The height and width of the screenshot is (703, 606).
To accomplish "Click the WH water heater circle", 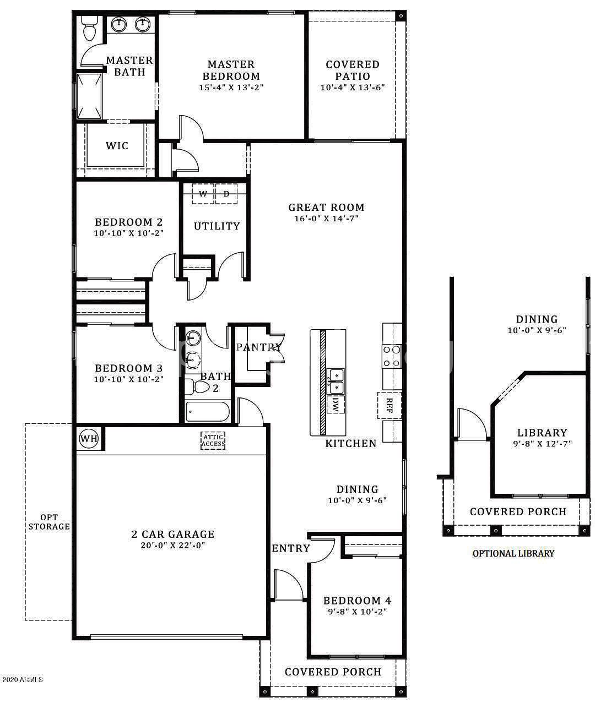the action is coord(89,438).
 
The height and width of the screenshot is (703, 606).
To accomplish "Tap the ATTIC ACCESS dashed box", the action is coord(213,440).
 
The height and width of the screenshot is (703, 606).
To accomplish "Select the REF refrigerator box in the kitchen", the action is coord(389,405).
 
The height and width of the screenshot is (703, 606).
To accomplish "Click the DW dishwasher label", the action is coord(336,404).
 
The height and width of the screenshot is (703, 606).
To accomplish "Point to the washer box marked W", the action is coord(203,194).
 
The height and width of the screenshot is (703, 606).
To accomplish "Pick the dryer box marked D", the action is coord(226,194).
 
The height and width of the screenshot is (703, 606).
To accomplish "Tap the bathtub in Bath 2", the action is coord(208,412).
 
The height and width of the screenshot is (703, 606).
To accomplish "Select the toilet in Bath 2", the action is coord(198,386).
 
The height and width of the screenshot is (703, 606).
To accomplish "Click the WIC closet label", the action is coord(117,146).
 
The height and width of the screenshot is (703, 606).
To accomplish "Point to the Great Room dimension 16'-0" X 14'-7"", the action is coord(327,219).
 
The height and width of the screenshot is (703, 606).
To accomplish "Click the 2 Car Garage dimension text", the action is coord(173,545).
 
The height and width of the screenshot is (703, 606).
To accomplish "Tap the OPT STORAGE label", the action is coord(49,522).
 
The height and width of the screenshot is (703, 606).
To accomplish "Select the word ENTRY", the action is coord(291,548).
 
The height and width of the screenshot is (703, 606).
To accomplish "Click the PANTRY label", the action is coord(259,347).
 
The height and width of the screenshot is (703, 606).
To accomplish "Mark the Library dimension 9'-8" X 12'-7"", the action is coord(542,444).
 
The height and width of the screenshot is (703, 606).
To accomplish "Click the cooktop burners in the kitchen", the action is coord(392,356).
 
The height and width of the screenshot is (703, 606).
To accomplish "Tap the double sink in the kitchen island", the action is coord(336,382).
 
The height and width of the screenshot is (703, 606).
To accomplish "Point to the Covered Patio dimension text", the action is coord(353,88).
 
